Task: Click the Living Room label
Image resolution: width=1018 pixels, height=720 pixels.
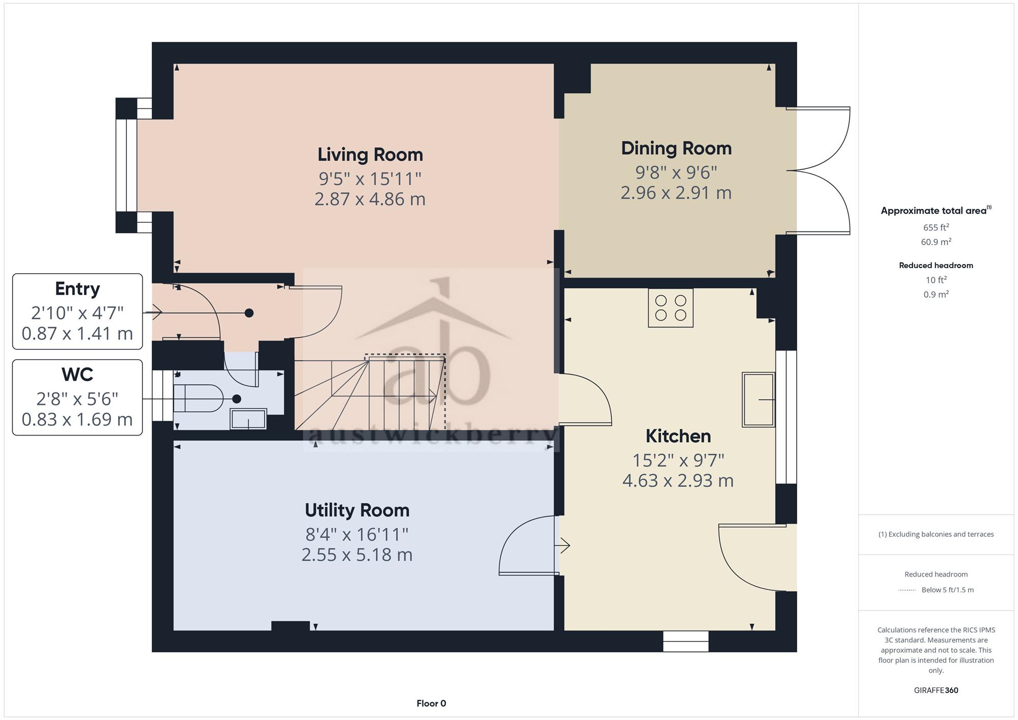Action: pyautogui.click(x=370, y=155)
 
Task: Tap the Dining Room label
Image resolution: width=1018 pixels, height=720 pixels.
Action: pyautogui.click(x=676, y=149)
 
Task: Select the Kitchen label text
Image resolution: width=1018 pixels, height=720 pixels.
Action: pyautogui.click(x=678, y=436)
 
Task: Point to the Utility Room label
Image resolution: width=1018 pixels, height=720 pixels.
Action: pyautogui.click(x=357, y=510)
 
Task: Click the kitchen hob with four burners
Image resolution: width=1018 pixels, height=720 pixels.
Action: pyautogui.click(x=670, y=308)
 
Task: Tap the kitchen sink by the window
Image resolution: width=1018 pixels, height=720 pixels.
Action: pyautogui.click(x=758, y=399)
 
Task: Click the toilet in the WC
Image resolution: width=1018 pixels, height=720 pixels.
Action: pyautogui.click(x=198, y=398)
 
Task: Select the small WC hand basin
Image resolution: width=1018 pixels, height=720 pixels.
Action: pyautogui.click(x=248, y=419)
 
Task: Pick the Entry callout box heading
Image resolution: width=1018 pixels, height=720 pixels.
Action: pyautogui.click(x=77, y=289)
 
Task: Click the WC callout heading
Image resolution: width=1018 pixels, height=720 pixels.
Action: pyautogui.click(x=77, y=375)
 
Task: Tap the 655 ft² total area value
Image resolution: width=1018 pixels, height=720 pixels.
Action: pyautogui.click(x=936, y=227)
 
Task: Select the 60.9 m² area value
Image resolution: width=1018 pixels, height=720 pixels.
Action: pyautogui.click(x=936, y=242)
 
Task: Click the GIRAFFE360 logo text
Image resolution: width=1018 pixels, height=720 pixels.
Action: pyautogui.click(x=936, y=690)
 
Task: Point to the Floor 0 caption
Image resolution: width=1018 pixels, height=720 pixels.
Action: pyautogui.click(x=431, y=704)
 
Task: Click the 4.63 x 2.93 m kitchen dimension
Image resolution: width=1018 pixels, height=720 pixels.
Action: pyautogui.click(x=678, y=481)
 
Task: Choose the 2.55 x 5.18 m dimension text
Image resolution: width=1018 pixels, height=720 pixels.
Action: pyautogui.click(x=357, y=555)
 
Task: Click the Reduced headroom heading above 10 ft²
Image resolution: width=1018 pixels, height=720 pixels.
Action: pyautogui.click(x=936, y=266)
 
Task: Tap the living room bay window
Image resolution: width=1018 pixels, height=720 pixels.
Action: pyautogui.click(x=126, y=165)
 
